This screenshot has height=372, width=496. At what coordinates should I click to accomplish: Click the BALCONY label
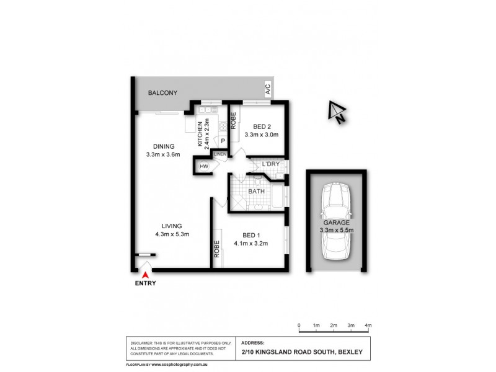pyautogui.click(x=162, y=93)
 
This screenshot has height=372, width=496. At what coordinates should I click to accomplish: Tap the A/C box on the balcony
pyautogui.click(x=268, y=90)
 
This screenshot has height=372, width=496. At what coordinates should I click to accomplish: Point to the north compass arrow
pyautogui.click(x=337, y=112)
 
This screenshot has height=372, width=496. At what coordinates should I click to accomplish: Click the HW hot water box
pyautogui.click(x=203, y=167)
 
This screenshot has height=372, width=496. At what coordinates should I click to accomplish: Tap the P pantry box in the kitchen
pyautogui.click(x=222, y=141)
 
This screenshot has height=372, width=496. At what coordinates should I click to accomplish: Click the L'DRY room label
pyautogui.click(x=271, y=164)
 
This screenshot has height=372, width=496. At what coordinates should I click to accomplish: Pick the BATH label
pyautogui.click(x=257, y=192)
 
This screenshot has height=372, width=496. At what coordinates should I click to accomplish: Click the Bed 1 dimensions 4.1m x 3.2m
pyautogui.click(x=250, y=244)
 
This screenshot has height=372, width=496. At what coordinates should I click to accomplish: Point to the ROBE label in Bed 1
pyautogui.click(x=217, y=249)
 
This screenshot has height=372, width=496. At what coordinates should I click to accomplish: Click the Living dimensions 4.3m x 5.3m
pyautogui.click(x=172, y=234)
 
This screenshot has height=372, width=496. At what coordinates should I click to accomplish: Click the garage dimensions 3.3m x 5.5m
pyautogui.click(x=337, y=231)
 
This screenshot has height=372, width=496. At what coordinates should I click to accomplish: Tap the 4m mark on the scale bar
pyautogui.click(x=368, y=325)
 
